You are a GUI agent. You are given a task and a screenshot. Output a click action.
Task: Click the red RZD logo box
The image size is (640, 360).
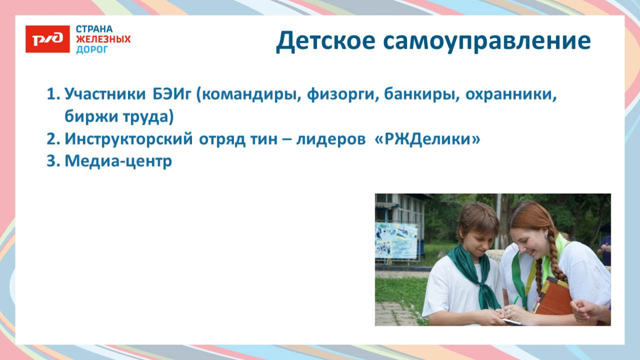click(x=47, y=39)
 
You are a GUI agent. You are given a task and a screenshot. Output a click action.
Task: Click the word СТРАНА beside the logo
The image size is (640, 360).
click(x=94, y=29)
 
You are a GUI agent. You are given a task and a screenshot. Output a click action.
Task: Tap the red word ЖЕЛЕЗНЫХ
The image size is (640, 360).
click(x=103, y=39)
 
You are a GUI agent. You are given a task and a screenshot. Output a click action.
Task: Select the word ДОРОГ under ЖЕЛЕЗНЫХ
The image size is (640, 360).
click(x=92, y=50)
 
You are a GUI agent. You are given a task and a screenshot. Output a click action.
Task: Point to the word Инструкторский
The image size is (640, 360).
click(x=129, y=139)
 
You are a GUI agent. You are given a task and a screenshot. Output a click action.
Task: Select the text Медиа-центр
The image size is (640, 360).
click(x=118, y=161)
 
